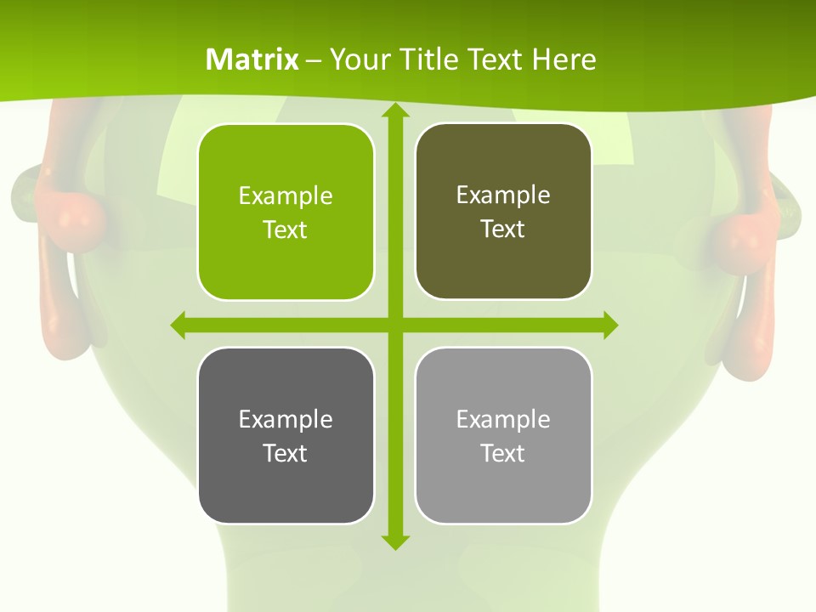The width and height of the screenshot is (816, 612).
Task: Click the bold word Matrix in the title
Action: click(x=252, y=59)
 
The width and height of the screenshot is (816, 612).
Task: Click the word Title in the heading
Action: click(x=428, y=59)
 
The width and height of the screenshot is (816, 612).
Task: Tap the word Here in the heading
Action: click(x=564, y=59)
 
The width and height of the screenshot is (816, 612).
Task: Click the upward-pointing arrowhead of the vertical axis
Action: click(x=395, y=110)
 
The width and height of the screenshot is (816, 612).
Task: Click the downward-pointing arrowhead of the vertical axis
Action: click(x=395, y=541)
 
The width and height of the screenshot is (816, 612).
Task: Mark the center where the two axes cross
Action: click(x=395, y=325)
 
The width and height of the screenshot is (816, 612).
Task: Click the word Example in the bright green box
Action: click(x=286, y=196)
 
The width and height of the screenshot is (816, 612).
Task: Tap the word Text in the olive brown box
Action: click(x=503, y=229)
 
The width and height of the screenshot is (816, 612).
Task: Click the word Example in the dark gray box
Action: click(x=286, y=419)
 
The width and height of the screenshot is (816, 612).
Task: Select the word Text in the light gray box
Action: click(x=503, y=453)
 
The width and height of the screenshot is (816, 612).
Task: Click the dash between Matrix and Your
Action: click(x=313, y=60)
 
